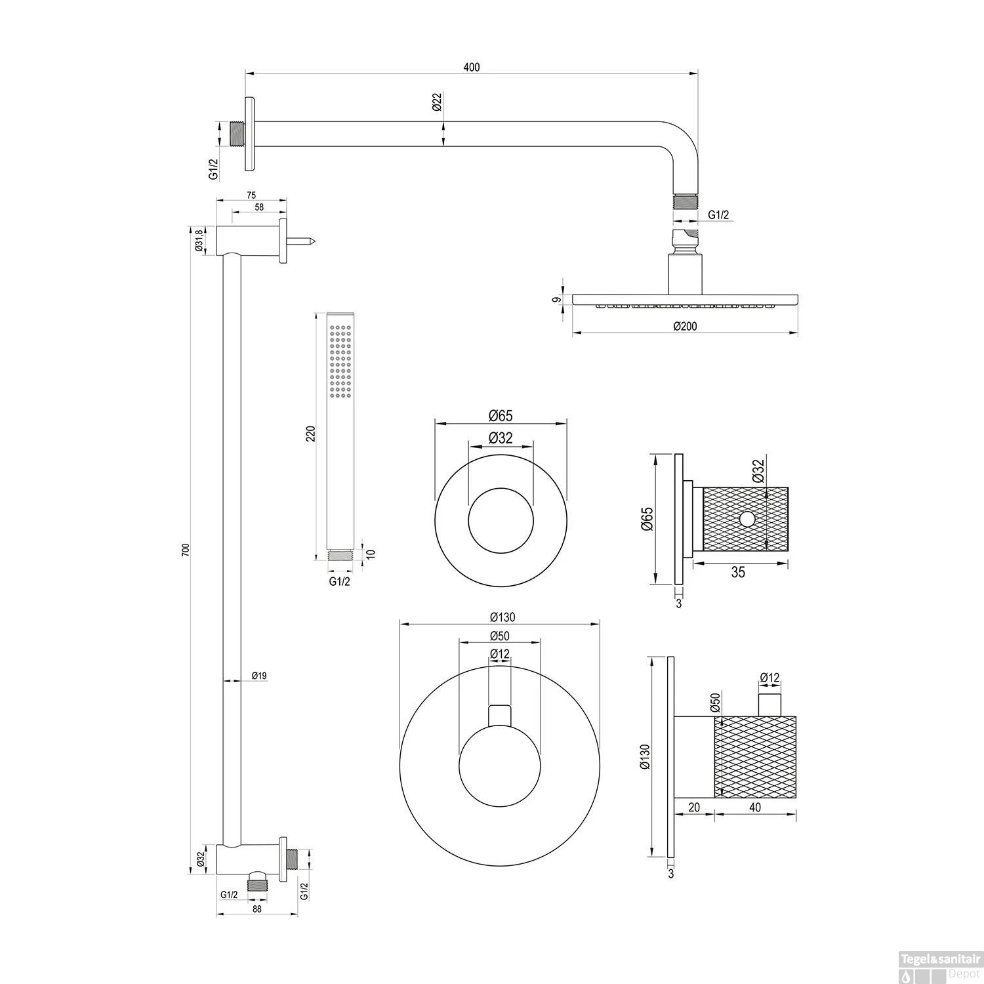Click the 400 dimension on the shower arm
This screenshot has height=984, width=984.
pos(471,68)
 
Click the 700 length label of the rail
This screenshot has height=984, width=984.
pos(185,550)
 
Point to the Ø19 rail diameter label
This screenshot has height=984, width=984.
pos(258,675)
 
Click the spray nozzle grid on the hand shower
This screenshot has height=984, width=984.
pos(340,362)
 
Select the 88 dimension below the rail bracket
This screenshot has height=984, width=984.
pos(256,909)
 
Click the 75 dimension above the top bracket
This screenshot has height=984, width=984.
pos(251,195)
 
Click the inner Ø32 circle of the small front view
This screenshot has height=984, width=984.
pos(501,520)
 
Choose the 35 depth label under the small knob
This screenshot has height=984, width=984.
pos(738,573)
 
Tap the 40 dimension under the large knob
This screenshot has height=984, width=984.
pos(754,808)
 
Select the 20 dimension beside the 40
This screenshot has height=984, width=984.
pos(694,808)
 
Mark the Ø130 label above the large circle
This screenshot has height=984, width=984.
pos(502,617)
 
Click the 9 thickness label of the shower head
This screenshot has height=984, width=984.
pos(557,300)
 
